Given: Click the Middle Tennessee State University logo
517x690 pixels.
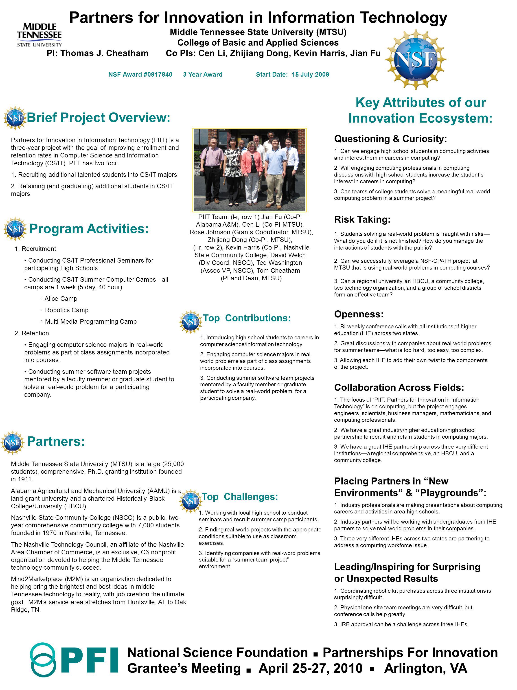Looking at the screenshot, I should (39, 35).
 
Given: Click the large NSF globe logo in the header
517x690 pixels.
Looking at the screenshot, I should (415, 59).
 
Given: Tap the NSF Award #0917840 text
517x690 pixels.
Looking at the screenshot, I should (140, 75).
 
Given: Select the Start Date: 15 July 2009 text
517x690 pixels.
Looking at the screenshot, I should (292, 75).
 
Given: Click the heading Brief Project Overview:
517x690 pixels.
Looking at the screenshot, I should (99, 118).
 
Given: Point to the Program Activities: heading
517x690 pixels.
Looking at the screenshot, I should (89, 229).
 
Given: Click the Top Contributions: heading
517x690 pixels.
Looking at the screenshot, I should (247, 318).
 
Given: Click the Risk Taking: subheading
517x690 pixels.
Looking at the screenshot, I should (362, 219).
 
